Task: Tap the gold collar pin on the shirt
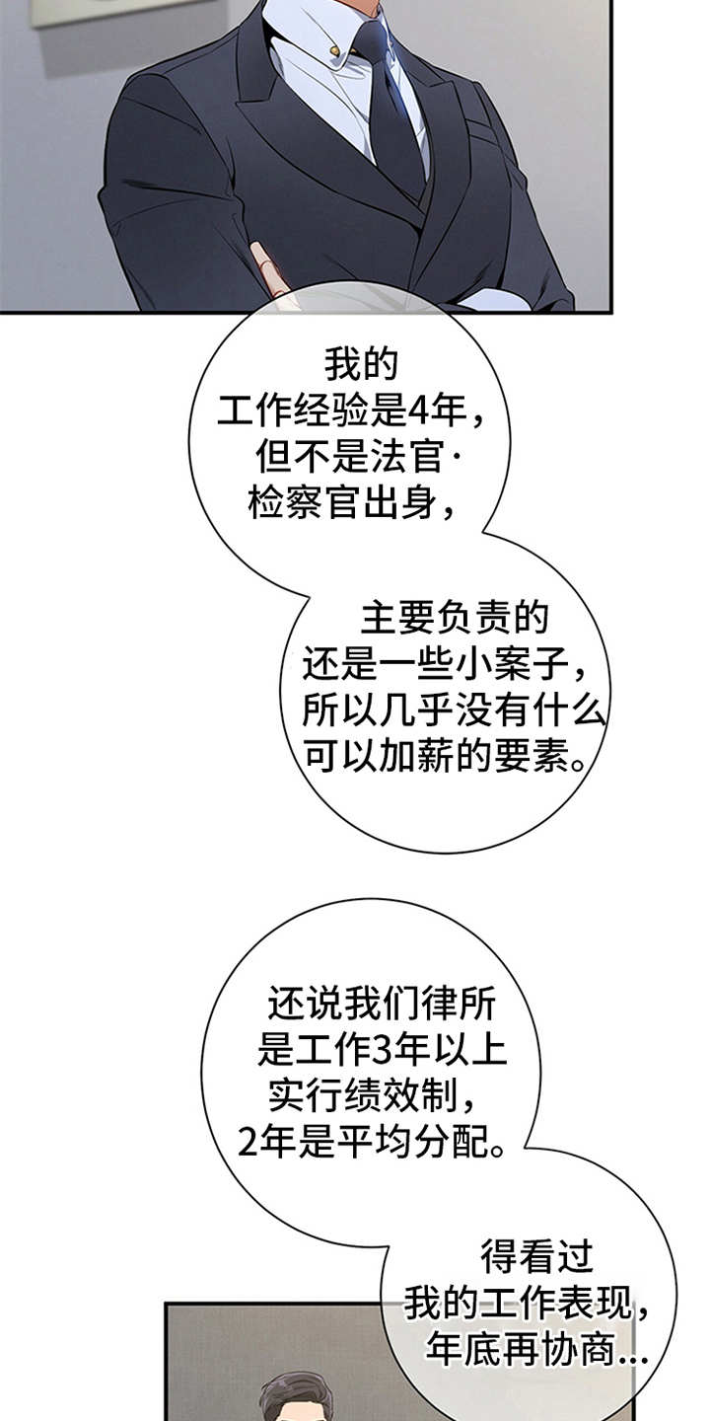pyautogui.click(x=335, y=49)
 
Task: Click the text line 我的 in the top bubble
pyautogui.click(x=360, y=365)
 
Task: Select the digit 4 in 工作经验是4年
pyautogui.click(x=429, y=411)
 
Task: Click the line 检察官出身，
pyautogui.click(x=350, y=504)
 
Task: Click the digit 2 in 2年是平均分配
pyautogui.click(x=248, y=1143)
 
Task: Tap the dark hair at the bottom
pyautogui.click(x=296, y=1396)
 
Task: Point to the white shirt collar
pyautogui.click(x=316, y=49)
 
